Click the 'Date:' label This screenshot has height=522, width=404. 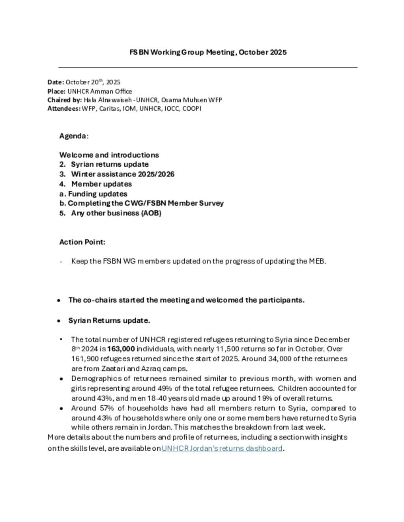56,82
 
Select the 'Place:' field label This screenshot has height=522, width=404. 56,91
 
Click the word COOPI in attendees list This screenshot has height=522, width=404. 192,109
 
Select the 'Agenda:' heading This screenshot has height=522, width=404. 74,136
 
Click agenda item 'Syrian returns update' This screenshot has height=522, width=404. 110,165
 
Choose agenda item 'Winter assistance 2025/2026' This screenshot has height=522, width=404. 123,174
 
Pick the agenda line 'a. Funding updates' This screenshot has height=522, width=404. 94,194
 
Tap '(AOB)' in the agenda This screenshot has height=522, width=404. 151,213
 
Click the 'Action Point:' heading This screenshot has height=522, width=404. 82,242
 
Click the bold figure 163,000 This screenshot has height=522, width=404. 121,349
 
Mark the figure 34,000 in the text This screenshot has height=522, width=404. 279,359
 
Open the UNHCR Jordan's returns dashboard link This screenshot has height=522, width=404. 222,448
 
